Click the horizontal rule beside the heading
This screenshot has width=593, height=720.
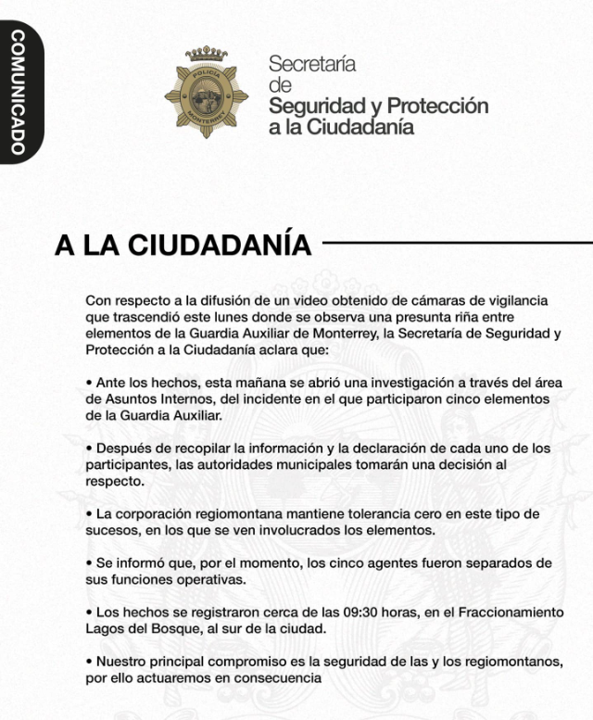(454, 246)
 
